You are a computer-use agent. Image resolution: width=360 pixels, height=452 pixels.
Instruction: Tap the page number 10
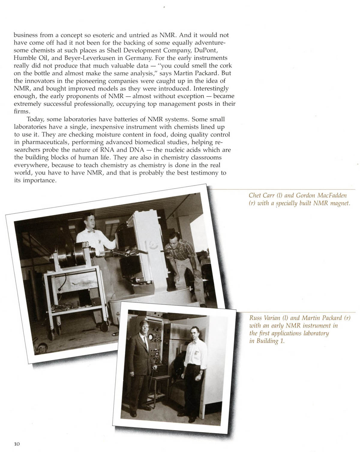[x=17, y=444]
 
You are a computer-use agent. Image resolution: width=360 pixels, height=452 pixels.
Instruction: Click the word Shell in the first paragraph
[x=115, y=50]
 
